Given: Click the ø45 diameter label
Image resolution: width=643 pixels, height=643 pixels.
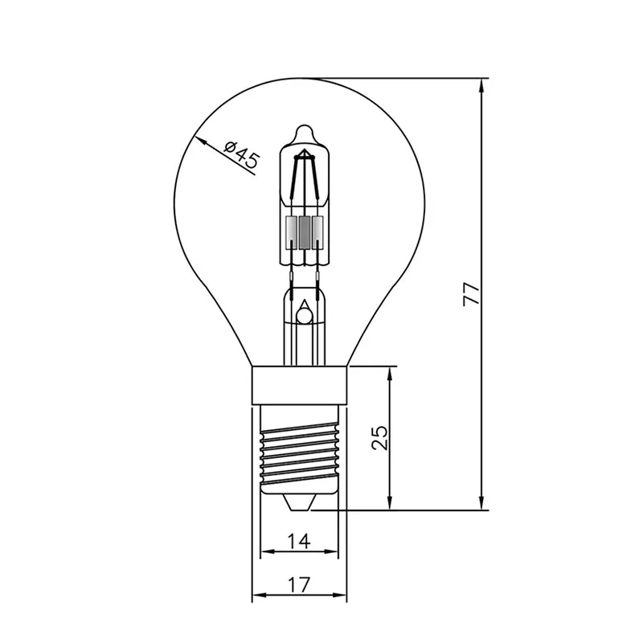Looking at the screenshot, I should [242, 154].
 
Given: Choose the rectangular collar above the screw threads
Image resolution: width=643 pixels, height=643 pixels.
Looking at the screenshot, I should [300, 385].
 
